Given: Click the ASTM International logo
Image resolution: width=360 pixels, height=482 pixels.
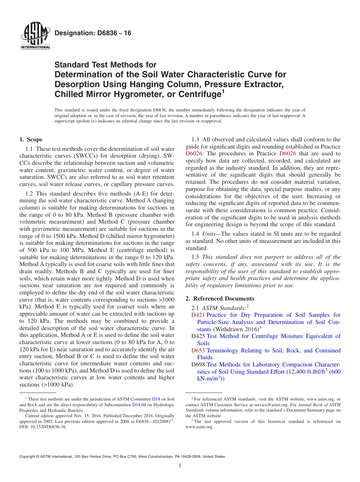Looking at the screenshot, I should click(x=35, y=36).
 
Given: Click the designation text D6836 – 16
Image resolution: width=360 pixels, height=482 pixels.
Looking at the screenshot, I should click(x=93, y=33).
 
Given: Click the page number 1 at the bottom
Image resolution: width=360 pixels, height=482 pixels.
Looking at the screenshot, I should click(x=180, y=466).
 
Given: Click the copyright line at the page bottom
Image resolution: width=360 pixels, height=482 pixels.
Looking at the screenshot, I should click(x=122, y=457).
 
